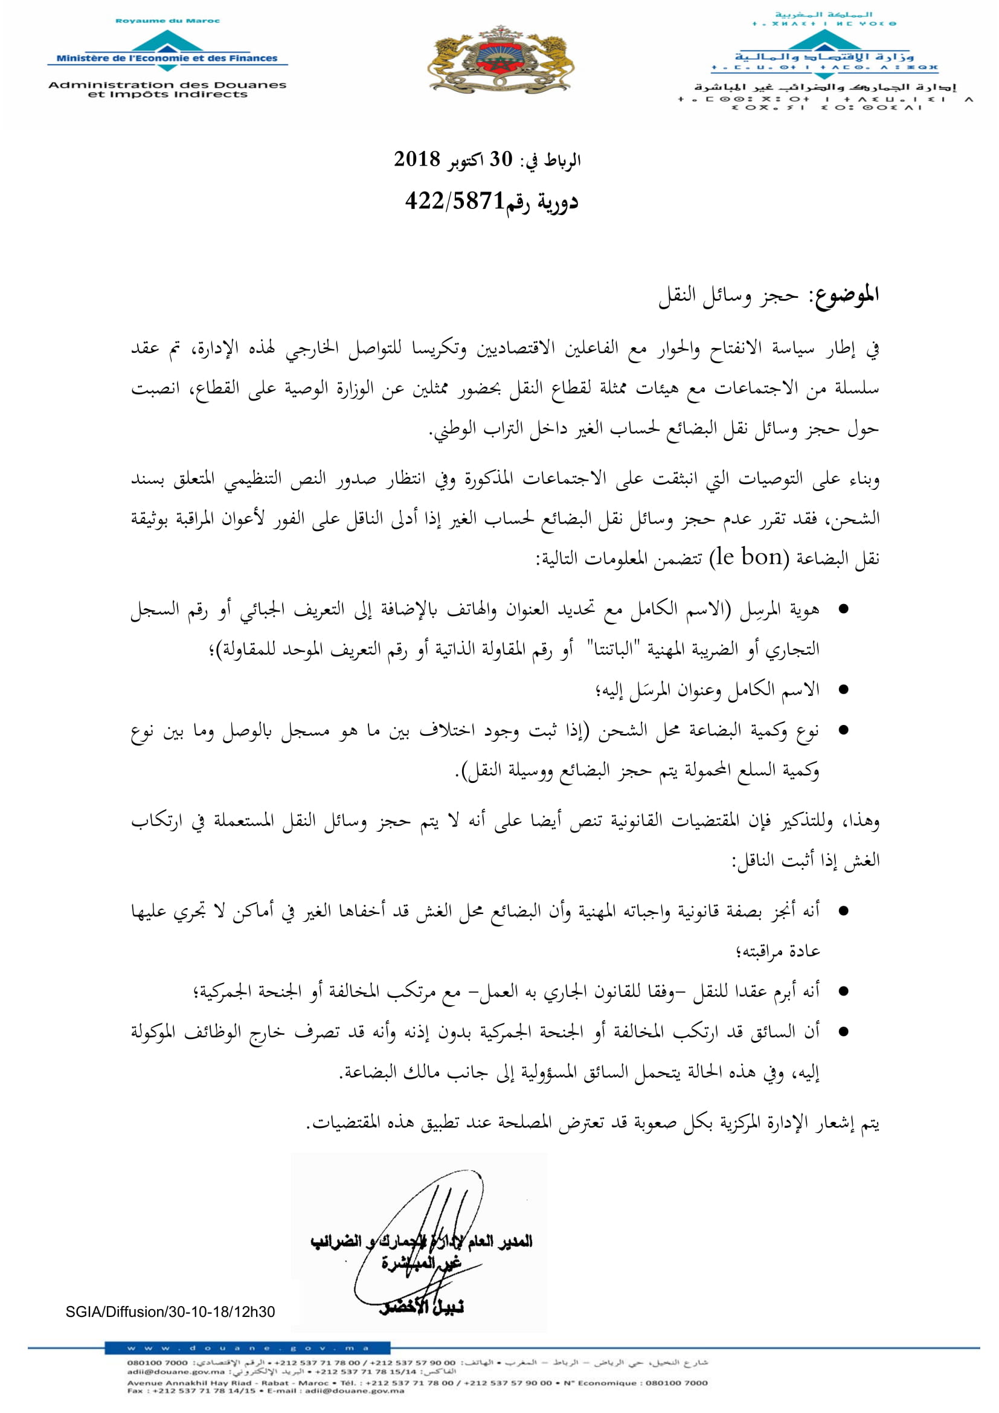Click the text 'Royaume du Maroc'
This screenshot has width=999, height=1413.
click(167, 21)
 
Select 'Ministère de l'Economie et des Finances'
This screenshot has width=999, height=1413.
click(167, 59)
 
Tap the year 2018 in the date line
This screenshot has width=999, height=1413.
click(417, 159)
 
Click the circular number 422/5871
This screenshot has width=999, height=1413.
click(455, 201)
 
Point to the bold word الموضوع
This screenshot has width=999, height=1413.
click(846, 295)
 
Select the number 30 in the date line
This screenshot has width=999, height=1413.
click(501, 159)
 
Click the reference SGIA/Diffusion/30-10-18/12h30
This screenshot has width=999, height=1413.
click(170, 1312)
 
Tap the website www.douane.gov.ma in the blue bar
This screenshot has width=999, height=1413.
click(247, 1348)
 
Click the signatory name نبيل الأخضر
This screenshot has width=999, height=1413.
click(422, 1307)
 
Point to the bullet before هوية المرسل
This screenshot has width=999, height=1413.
click(843, 610)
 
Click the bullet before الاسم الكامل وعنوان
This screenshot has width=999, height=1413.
click(843, 690)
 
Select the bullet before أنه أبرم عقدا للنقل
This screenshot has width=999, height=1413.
click(843, 991)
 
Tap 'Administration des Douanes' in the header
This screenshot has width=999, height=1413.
click(167, 85)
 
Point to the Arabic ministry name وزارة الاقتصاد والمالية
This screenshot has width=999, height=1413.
click(824, 57)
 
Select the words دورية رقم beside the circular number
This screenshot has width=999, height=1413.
click(542, 202)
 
